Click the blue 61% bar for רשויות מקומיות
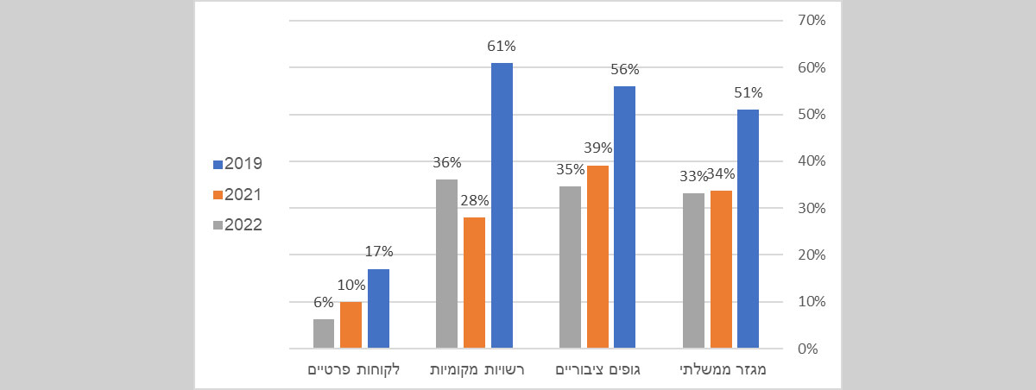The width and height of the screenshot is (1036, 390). point(502,205)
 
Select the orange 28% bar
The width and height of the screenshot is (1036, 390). point(474,283)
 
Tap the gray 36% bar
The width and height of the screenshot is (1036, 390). point(446,264)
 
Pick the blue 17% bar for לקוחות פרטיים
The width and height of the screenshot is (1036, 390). point(378,309)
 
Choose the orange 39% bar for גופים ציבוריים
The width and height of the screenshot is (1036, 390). point(597,257)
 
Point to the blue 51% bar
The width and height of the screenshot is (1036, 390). point(749,229)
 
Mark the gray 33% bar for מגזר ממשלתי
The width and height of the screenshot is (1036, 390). point(693,271)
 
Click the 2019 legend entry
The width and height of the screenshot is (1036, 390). point(237,163)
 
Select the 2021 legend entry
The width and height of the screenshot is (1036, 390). point(237,194)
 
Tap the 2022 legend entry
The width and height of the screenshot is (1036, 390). point(237,225)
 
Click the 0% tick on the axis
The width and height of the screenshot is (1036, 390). point(808,349)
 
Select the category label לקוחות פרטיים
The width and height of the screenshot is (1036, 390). point(353,370)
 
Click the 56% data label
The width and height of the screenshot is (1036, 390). point(626,70)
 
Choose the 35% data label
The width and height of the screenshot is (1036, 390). point(570,170)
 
